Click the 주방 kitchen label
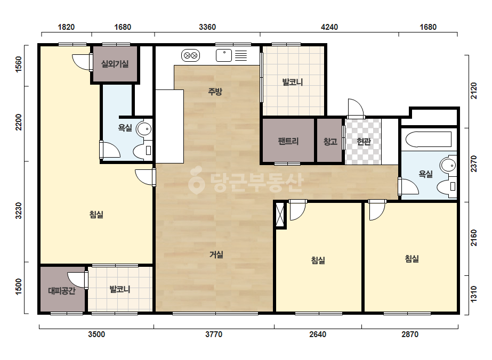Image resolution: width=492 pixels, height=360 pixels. pos(215,91)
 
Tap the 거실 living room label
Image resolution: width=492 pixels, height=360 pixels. pos(216,255)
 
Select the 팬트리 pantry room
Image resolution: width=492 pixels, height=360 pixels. pos(288,141)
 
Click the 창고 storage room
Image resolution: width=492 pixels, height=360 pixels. pos(330,141)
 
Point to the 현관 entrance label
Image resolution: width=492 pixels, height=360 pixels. pos(364,142)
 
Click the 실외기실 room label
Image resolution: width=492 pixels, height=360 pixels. pos(115,64)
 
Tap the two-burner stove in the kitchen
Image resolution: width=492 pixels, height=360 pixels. pos(191,56)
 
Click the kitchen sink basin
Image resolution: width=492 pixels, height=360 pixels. pos(224,55)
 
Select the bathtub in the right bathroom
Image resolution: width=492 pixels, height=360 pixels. pos(429,140)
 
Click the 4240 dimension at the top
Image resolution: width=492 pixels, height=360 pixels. pos(329,27)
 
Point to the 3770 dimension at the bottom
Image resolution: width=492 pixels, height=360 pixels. pos(214,334)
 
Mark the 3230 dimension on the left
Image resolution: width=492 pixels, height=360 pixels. pos(19,210)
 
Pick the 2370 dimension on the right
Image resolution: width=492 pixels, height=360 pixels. pos(473,163)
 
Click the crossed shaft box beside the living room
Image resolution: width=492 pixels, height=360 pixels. pos(279,215)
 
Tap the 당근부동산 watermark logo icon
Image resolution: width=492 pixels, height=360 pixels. pos(196,181)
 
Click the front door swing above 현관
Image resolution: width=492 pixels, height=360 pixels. pos(356,108)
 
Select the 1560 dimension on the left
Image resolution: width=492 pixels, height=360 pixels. pos(19,64)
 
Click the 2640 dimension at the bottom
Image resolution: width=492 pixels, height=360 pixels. pos(318,334)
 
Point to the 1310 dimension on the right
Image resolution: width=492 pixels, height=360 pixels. pos(473,294)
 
